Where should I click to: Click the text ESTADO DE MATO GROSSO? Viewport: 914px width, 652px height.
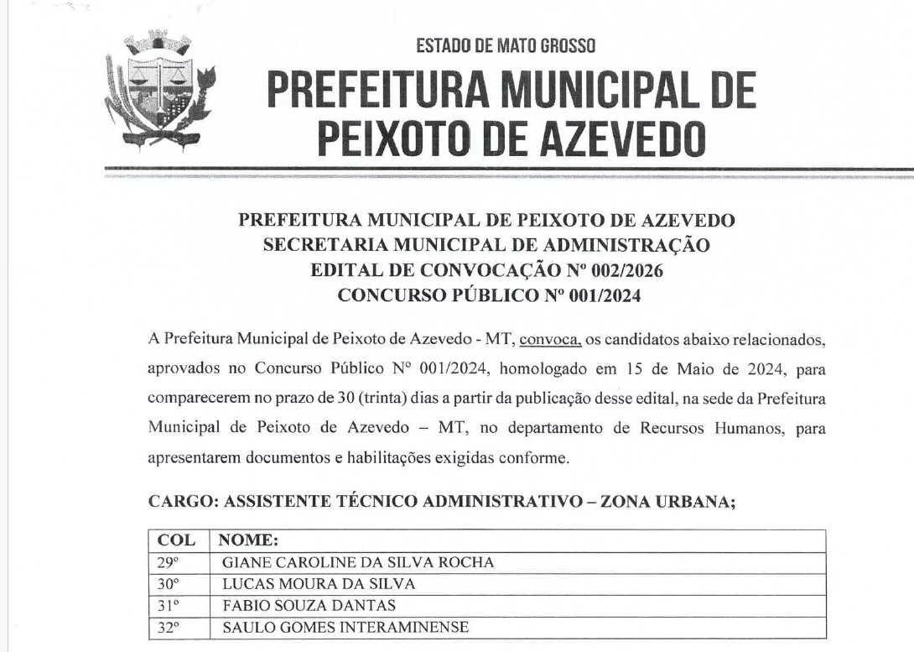[506, 45]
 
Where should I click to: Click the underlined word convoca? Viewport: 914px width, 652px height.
[550, 339]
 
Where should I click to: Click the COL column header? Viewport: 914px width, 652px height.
[176, 540]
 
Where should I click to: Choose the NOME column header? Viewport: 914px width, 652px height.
[248, 540]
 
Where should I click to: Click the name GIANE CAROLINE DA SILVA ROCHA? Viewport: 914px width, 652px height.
[358, 562]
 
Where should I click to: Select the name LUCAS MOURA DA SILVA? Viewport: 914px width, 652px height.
[319, 584]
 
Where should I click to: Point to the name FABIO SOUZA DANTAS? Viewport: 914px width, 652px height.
[309, 605]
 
